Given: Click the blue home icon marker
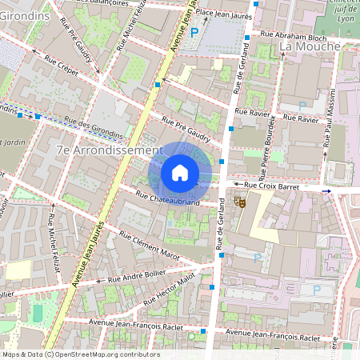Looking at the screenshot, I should tap(180, 173).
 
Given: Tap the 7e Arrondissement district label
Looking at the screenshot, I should tap(110, 150).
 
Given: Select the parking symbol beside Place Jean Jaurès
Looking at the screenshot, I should tap(194, 32).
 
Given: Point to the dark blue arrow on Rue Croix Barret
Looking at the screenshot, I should tap(326, 191).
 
